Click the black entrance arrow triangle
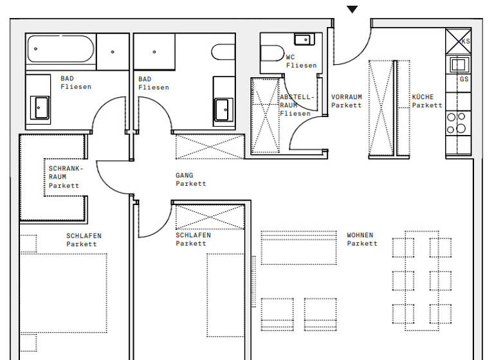pos(352,9)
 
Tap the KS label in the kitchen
pos(465,40)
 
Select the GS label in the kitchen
pos(464,79)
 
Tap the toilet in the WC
pos(272,52)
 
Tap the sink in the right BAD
pos(223,108)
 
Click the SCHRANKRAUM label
pos(64,177)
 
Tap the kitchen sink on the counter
pos(459,64)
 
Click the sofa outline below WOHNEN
pos(298,248)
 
